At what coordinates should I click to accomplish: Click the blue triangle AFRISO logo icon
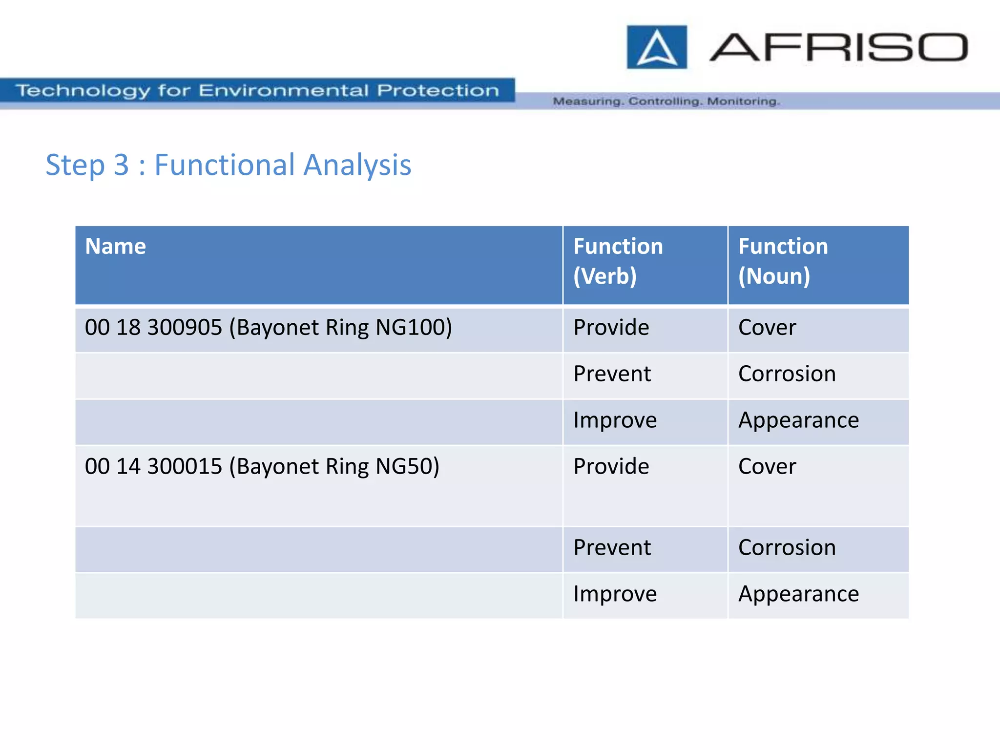(657, 47)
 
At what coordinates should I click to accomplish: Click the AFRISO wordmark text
(838, 47)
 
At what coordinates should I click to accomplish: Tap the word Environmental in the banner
(283, 90)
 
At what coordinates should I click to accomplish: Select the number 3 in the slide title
(121, 165)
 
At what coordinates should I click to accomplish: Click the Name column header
(115, 247)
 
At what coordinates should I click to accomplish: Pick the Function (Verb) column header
(618, 261)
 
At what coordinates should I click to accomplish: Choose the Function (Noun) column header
(783, 261)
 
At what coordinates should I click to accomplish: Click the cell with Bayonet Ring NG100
(268, 328)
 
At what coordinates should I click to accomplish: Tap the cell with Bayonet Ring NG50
(262, 467)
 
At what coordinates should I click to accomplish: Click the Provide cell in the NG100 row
(611, 328)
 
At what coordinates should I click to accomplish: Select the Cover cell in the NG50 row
(767, 467)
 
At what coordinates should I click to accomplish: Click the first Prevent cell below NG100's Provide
(612, 374)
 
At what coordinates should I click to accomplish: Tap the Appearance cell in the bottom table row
(798, 594)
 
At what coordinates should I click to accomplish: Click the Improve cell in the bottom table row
(615, 594)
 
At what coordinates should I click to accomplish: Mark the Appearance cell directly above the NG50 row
(798, 420)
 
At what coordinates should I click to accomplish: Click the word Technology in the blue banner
(83, 90)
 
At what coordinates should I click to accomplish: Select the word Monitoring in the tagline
(743, 102)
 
